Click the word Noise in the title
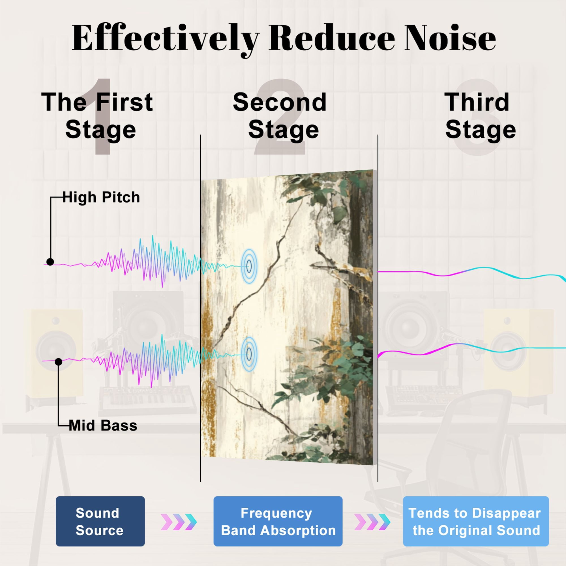coord(450,38)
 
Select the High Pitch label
coord(101,197)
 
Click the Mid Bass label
coord(103,426)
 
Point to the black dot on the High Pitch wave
coord(50,262)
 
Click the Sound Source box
coord(100,521)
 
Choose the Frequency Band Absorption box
coord(278,521)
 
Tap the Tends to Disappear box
coord(476,521)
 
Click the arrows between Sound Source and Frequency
coord(179,522)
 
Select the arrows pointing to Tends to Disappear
coord(372,522)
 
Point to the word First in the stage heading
coord(124,102)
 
